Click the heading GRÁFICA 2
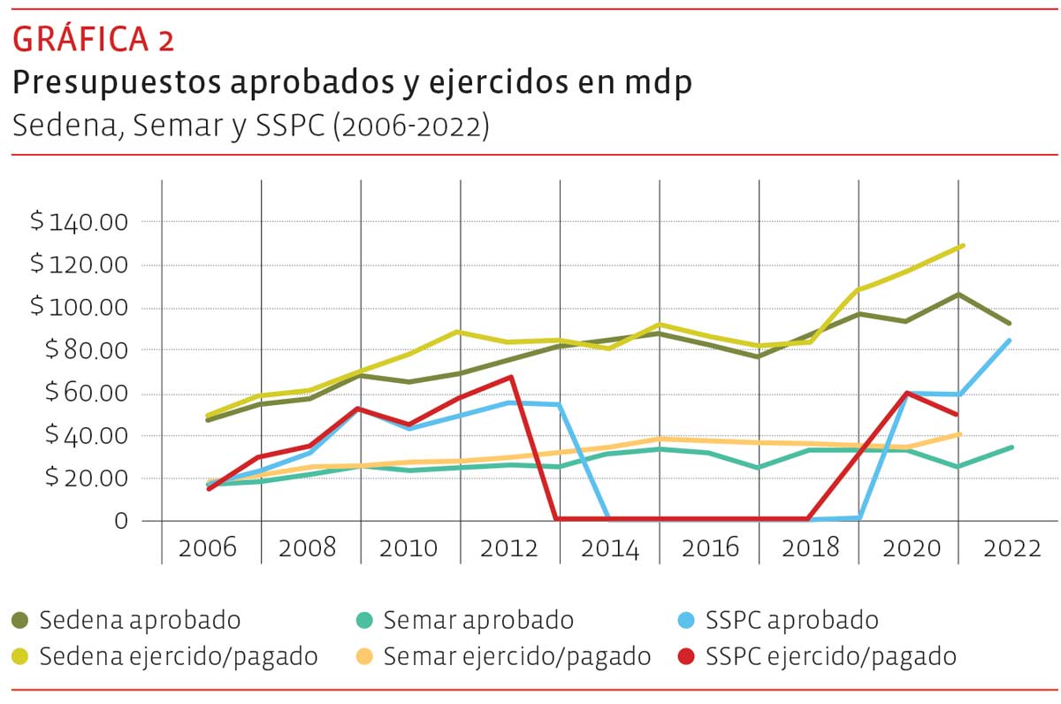[x=93, y=39]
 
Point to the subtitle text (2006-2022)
[x=410, y=126]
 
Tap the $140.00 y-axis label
[x=80, y=221]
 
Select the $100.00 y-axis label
[x=80, y=308]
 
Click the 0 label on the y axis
[x=122, y=521]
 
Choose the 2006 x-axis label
[x=208, y=547]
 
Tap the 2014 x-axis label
[x=610, y=547]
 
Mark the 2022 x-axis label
[x=1012, y=547]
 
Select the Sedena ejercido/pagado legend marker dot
[x=20, y=657]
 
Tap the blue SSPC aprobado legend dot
[x=684, y=620]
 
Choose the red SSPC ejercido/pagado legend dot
[x=684, y=657]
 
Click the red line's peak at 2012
[x=511, y=378]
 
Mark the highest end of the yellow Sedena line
[x=961, y=246]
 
